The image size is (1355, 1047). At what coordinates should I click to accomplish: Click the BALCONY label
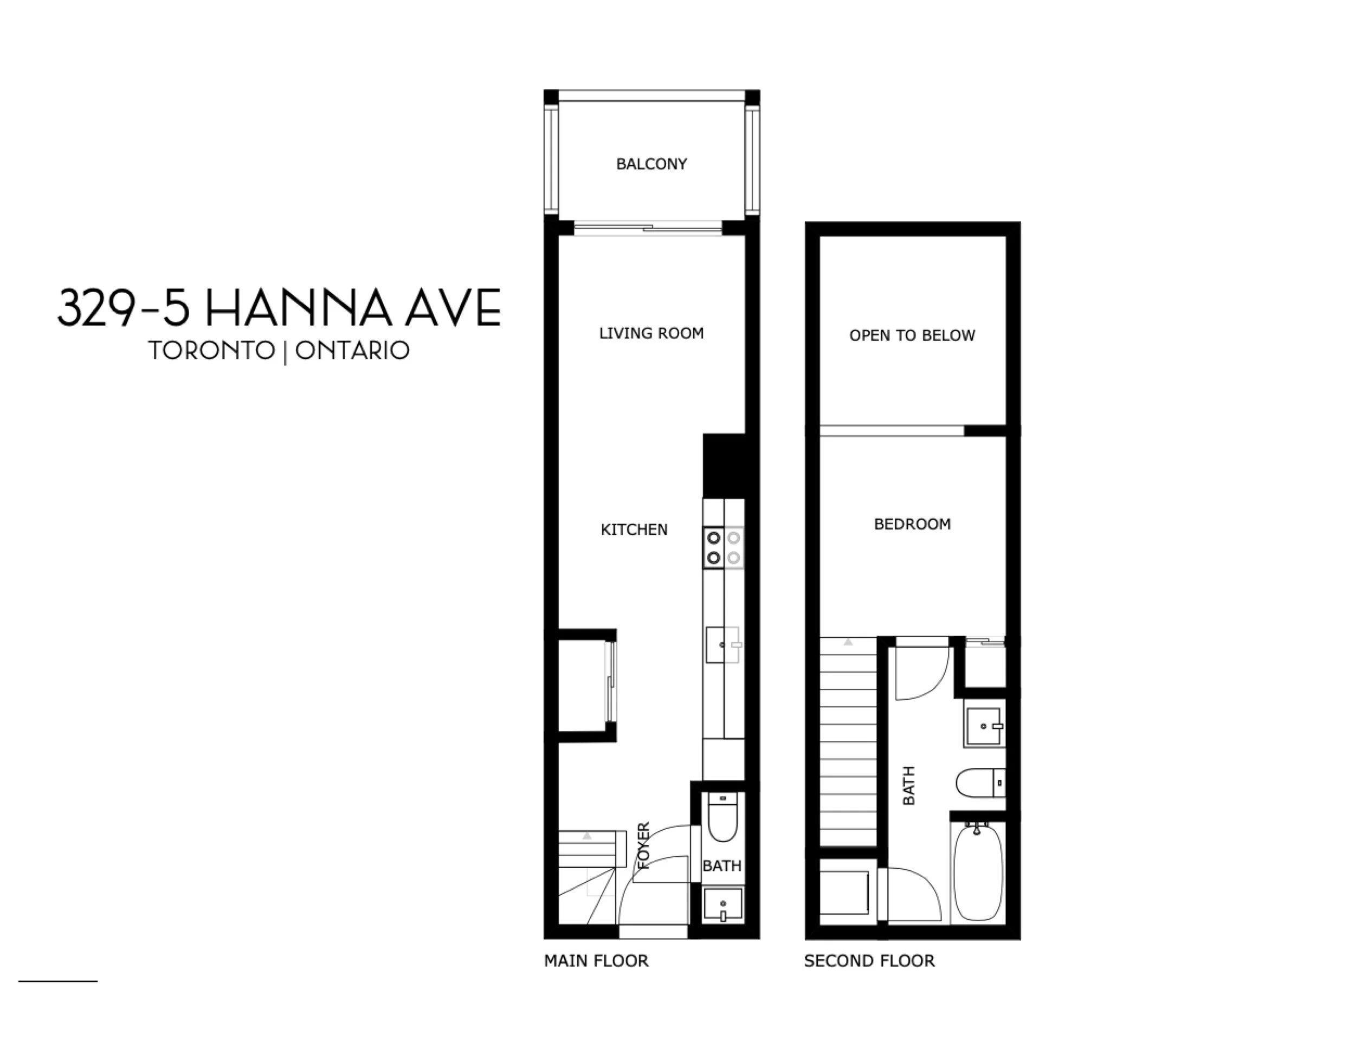coord(651,164)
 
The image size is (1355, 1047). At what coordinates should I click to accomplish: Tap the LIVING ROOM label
coord(651,333)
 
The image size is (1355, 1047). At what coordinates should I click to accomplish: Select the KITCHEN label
coord(634,529)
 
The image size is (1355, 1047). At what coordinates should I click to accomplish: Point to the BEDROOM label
coord(912,524)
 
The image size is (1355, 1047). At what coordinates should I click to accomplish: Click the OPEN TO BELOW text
coord(912,335)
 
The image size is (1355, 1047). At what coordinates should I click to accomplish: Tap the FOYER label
coord(643,845)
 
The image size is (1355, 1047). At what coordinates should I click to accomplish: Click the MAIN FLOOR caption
coord(596,961)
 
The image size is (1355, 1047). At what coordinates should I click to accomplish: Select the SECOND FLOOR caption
coord(869,961)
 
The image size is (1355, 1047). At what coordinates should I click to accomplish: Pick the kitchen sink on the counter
coord(723,645)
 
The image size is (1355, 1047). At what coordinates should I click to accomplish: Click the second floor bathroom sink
coord(984,726)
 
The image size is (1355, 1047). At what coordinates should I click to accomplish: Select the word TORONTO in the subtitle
coord(211,351)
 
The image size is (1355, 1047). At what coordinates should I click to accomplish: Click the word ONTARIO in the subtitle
coord(352,351)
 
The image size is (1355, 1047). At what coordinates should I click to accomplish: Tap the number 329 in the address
coord(95,307)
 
